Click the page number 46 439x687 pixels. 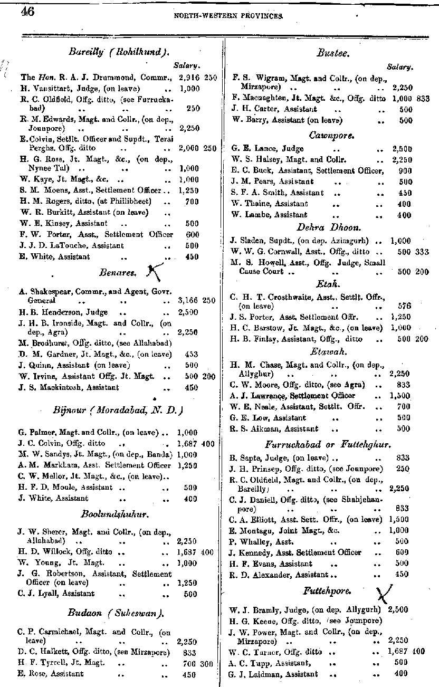click(27, 12)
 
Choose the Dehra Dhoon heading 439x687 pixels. click(329, 227)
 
